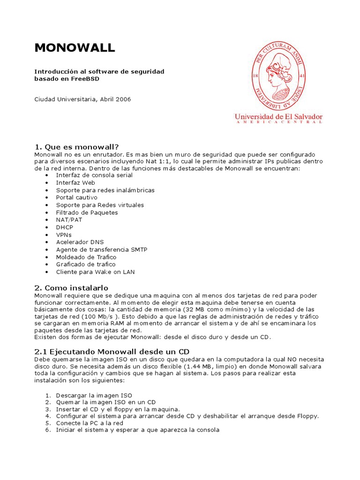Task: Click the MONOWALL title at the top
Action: pos(75,48)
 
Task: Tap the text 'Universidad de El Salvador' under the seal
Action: pos(278,116)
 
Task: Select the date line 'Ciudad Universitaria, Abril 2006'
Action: pos(82,99)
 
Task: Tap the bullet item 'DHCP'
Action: pos(65,227)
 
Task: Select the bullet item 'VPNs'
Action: pos(64,234)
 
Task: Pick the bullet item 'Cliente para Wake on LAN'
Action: pos(95,272)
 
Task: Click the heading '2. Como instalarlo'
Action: pos(71,287)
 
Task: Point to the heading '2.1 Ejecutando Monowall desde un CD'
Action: pos(112,352)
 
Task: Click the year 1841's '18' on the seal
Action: pos(256,75)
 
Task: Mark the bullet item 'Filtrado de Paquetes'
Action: pos(87,212)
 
